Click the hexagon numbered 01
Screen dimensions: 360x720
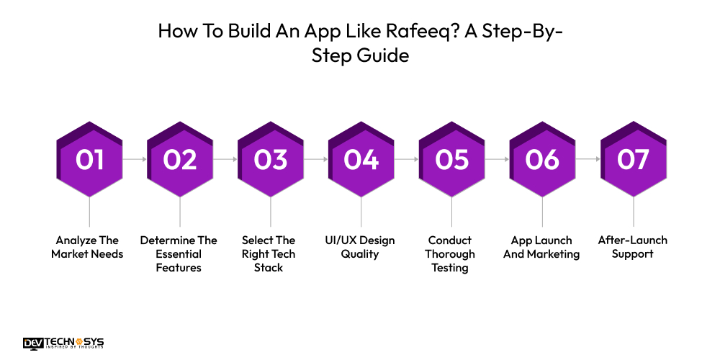[x=89, y=160]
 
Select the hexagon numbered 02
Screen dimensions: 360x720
[x=180, y=160]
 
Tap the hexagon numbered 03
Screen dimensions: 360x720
[x=271, y=160]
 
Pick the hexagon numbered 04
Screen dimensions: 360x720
[x=361, y=160]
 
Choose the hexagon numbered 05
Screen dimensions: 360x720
[x=452, y=160]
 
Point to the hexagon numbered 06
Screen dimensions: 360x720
[x=542, y=160]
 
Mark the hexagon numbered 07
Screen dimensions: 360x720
[x=634, y=160]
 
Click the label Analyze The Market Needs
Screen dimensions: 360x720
[x=87, y=247]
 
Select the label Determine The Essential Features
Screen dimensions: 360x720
[x=179, y=253]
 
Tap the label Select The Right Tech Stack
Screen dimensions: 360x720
[x=269, y=253]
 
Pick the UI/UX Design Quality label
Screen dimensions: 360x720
[x=360, y=247]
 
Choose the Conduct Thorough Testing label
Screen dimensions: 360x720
[x=450, y=253]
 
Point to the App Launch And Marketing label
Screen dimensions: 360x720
[x=541, y=247]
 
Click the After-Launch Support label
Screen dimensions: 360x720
[x=632, y=247]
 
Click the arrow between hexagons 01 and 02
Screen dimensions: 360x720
[x=135, y=158]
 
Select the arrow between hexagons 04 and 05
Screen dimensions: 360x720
[x=407, y=158]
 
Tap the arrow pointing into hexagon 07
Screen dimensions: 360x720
[x=588, y=158]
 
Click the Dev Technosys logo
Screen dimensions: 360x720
[x=63, y=343]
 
